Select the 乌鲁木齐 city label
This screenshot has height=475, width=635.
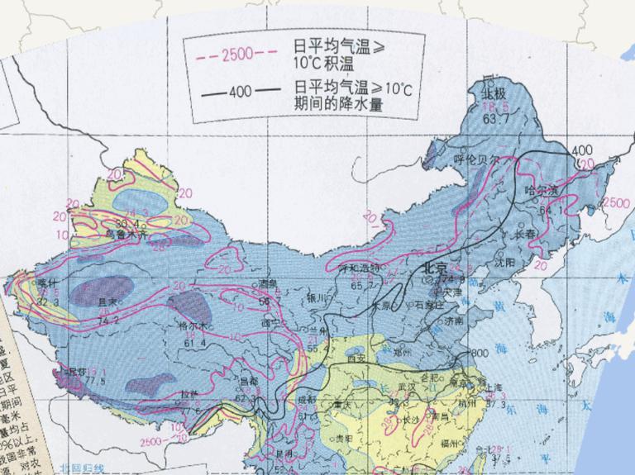(125, 235)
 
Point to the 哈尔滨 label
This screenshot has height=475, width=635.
(542, 191)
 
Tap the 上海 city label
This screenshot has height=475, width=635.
(495, 386)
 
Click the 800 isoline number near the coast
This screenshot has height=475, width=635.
(479, 354)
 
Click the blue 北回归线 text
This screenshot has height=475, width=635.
(82, 469)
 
